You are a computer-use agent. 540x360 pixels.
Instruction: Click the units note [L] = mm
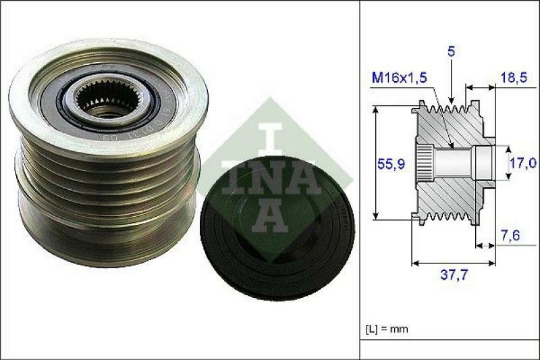387,329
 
